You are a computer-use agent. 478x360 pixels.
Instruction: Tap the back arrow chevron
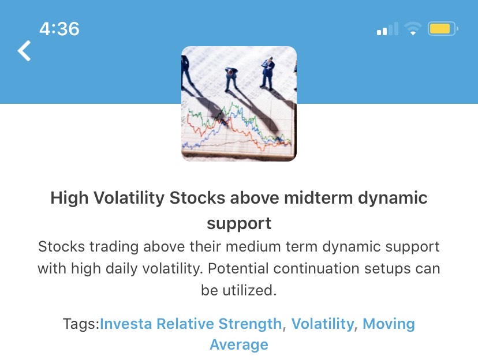click(24, 51)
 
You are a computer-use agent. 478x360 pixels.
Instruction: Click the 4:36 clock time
click(59, 29)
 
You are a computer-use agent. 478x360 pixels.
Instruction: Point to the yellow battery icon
click(443, 29)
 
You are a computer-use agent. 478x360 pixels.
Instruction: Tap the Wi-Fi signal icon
click(413, 29)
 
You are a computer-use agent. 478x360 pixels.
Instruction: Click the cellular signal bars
click(387, 29)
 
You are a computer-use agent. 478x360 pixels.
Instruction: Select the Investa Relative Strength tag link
click(191, 324)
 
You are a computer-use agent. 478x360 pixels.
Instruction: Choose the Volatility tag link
click(323, 324)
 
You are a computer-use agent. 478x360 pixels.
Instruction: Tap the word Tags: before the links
click(81, 324)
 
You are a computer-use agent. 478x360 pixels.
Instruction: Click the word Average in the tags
click(239, 345)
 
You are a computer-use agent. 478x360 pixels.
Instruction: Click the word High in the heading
click(69, 198)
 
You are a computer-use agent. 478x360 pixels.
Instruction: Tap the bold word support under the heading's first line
click(239, 224)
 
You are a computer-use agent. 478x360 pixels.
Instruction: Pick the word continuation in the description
click(316, 269)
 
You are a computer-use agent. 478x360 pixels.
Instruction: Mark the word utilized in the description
click(249, 290)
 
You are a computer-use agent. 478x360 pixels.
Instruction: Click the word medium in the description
click(253, 247)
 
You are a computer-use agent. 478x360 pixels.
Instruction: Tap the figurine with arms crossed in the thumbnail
click(268, 73)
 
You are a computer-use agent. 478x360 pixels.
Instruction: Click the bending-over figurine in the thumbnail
click(231, 79)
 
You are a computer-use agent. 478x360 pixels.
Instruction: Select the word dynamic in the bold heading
click(393, 198)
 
